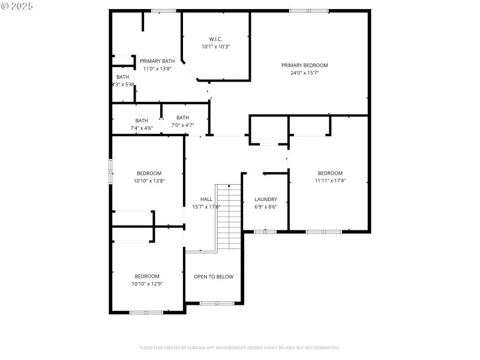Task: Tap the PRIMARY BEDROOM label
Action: click(x=305, y=65)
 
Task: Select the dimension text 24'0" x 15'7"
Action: click(x=305, y=73)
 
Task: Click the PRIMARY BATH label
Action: click(x=157, y=61)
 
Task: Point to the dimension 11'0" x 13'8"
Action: click(x=157, y=68)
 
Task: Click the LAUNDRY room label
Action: click(x=266, y=199)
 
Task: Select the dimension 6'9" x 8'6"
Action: click(x=266, y=207)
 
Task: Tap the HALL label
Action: click(x=206, y=199)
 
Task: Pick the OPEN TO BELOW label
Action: click(x=214, y=277)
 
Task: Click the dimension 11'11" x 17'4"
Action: click(x=330, y=181)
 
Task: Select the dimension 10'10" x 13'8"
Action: click(x=149, y=181)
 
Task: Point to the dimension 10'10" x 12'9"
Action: click(x=147, y=284)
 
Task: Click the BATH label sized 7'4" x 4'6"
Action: click(x=142, y=121)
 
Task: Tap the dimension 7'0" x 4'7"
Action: click(x=182, y=125)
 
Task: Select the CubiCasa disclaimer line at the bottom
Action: click(x=240, y=348)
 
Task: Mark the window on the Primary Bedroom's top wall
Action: click(x=309, y=11)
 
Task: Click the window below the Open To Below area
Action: click(x=217, y=303)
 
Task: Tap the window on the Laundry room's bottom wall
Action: click(x=264, y=232)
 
